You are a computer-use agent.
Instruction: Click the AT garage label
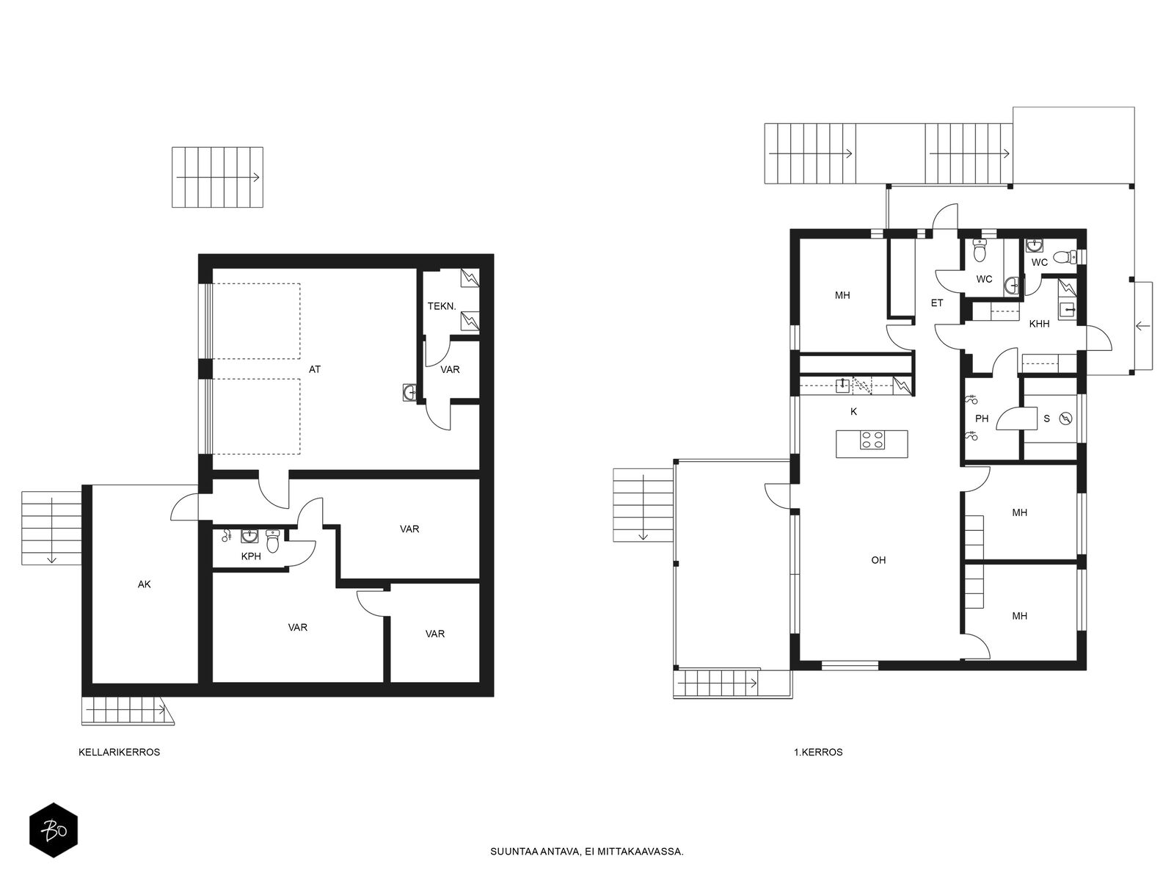pos(315,369)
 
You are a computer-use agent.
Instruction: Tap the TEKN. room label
pos(442,306)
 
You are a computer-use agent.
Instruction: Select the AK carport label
pos(145,584)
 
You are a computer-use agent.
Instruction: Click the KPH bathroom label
pos(251,556)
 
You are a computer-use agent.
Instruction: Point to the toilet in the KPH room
pos(273,540)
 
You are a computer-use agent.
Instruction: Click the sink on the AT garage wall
pos(409,393)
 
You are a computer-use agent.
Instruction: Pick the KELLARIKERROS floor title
pos(120,752)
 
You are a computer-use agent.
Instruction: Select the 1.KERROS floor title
pos(818,752)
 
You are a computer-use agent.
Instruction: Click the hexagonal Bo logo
pos(54,830)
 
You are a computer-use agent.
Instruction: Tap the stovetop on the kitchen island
pos(872,440)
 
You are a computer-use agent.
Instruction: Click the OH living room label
pos(878,560)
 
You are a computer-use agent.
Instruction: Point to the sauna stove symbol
pos(1066,418)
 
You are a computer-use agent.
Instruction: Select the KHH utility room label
pos(1039,324)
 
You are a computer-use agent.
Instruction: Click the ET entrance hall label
pos(937,302)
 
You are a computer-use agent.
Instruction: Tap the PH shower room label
pos(982,418)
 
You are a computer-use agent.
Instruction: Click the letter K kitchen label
pos(853,411)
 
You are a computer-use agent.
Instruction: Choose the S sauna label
pos(1047,418)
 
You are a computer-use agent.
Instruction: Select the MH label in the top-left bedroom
pos(842,295)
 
